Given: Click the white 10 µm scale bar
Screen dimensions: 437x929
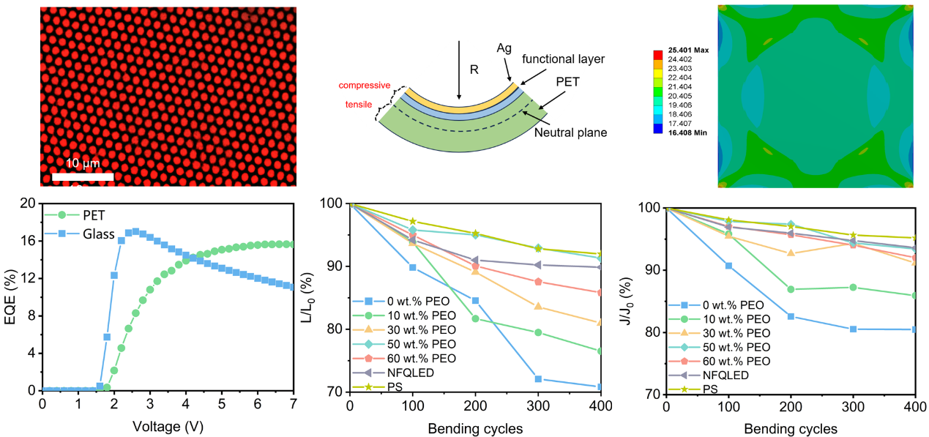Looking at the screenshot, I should point(83,176).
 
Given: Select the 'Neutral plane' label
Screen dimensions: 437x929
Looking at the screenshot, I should point(570,132).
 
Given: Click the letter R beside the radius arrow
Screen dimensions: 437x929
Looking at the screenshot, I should point(474,71).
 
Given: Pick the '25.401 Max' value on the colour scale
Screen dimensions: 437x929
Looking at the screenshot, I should point(687,51).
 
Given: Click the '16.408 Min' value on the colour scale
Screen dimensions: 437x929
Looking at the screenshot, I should point(687,132).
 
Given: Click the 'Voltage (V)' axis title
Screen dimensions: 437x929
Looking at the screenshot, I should point(167,425).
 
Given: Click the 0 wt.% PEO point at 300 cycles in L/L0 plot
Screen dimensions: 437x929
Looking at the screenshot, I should point(538,378).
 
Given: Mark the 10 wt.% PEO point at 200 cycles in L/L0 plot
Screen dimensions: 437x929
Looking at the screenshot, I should point(475,318).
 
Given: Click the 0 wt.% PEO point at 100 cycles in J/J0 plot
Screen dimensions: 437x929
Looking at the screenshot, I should point(728,266).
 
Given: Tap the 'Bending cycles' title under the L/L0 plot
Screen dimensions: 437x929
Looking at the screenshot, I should point(475,428).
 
